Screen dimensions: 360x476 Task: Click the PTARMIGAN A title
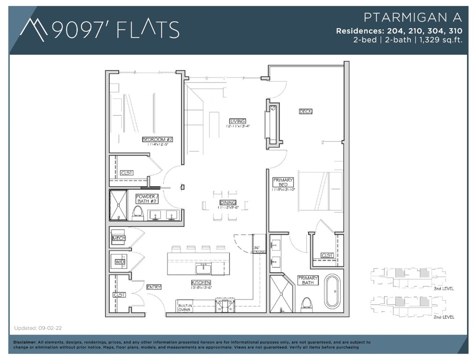click(x=413, y=18)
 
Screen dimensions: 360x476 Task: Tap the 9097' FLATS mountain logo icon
click(x=34, y=29)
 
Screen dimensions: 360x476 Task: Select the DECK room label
click(x=305, y=111)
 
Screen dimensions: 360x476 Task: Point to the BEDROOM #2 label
click(x=158, y=140)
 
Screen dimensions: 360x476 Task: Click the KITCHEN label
click(x=201, y=283)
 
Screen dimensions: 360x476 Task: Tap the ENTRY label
click(x=154, y=287)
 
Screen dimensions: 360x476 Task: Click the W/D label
click(x=119, y=262)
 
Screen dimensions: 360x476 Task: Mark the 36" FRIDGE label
click(x=259, y=250)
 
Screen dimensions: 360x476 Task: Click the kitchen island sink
click(x=203, y=268)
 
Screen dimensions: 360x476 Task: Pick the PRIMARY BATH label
click(x=308, y=280)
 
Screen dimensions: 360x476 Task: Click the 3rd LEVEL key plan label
click(x=443, y=288)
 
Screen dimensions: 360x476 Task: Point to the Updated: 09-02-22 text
click(x=35, y=328)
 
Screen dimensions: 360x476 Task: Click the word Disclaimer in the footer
click(x=25, y=342)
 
